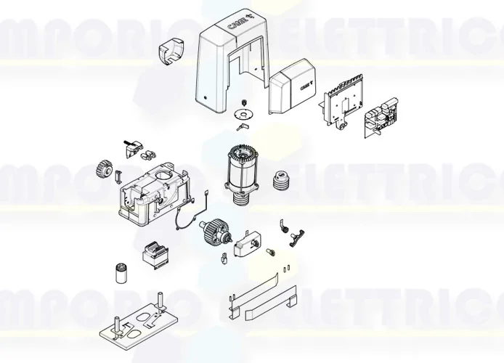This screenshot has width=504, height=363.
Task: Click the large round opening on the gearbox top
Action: [163, 177]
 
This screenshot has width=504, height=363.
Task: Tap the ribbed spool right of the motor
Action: [280, 179]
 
